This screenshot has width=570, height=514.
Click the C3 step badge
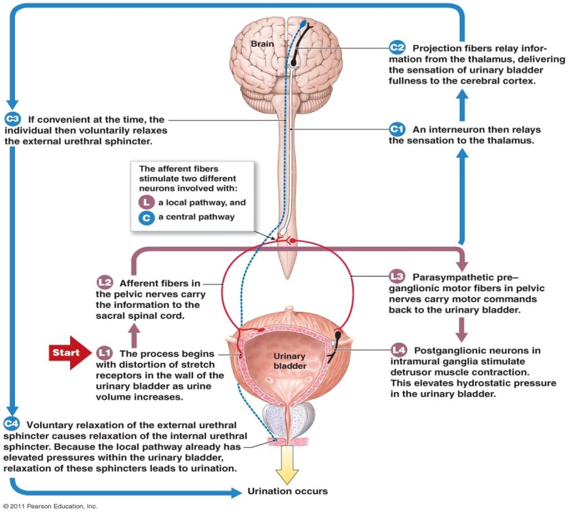coord(12,119)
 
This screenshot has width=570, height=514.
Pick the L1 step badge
coord(104,353)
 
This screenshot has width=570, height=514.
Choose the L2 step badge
coord(104,283)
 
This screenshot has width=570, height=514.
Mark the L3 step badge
coord(396,276)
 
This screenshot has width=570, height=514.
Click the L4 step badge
coord(397,350)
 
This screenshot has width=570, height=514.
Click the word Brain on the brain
coord(261,42)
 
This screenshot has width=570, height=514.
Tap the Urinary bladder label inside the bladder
coord(290,361)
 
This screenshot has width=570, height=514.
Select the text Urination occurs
coord(287,491)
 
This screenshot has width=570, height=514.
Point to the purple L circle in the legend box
coord(146,203)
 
